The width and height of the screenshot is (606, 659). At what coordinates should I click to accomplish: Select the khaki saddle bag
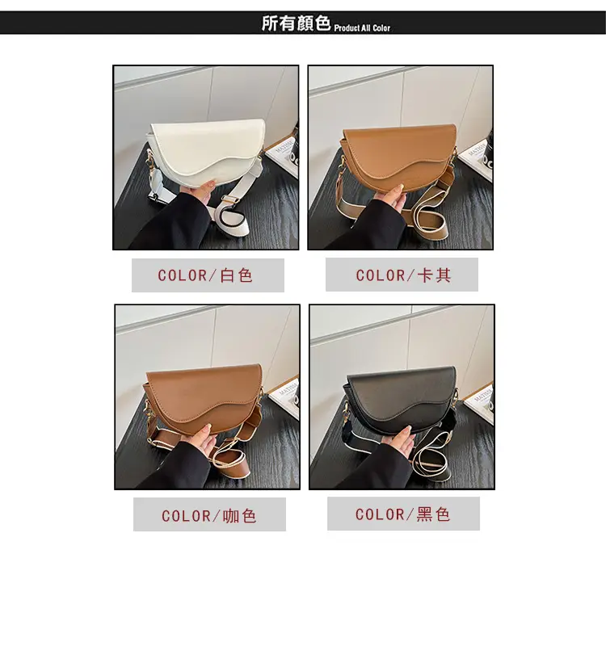398,157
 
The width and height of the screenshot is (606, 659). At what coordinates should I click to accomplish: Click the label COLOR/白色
205,275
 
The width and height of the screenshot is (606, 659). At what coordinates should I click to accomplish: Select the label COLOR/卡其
403,275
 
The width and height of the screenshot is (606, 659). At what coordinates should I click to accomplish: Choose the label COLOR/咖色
209,516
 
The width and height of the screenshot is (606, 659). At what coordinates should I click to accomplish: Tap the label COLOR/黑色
403,514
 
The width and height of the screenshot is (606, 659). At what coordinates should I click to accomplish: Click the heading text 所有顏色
296,23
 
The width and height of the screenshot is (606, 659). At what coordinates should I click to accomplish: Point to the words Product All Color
362,27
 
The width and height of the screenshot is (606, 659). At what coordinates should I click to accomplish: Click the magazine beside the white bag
283,157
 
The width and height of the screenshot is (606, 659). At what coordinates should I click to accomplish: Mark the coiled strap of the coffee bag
230,462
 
